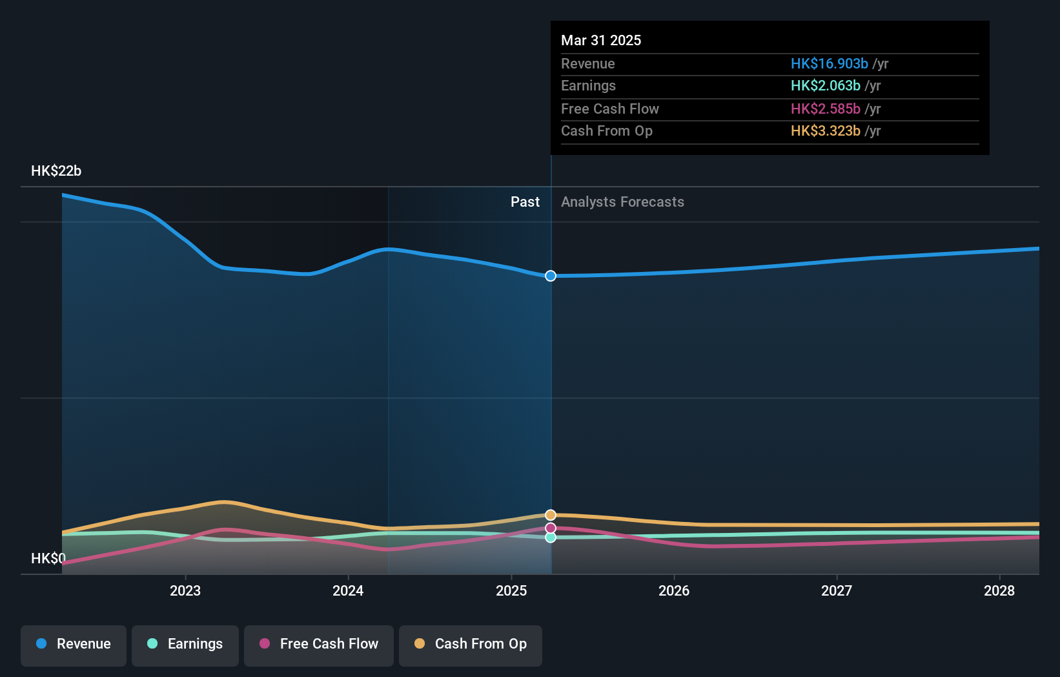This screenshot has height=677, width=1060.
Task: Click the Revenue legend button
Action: [x=74, y=644]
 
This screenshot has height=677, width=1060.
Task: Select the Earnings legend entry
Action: [x=185, y=644]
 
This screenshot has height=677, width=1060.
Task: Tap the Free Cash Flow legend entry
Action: [x=319, y=644]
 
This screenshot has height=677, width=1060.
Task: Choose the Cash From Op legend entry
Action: [x=471, y=644]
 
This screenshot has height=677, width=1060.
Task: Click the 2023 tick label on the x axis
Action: [x=185, y=590]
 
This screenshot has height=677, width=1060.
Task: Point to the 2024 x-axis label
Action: [x=348, y=590]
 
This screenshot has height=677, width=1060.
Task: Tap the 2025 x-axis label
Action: [x=511, y=590]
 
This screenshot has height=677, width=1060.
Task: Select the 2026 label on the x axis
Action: [x=674, y=590]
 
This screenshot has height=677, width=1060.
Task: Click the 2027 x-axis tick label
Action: [x=837, y=590]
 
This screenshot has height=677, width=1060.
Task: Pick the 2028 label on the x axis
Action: [x=999, y=590]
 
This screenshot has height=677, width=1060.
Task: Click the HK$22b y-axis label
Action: [x=56, y=171]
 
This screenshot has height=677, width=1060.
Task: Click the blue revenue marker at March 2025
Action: [x=551, y=276]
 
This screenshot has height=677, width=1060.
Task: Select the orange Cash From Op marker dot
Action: [x=551, y=515]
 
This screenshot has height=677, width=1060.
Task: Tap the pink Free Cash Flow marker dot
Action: [x=551, y=528]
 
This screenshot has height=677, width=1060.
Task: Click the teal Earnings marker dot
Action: [x=551, y=537]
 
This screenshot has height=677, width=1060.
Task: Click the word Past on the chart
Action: [x=525, y=202]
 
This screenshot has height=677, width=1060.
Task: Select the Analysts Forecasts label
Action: [x=622, y=202]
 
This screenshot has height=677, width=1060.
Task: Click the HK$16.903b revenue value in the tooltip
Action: [x=829, y=64]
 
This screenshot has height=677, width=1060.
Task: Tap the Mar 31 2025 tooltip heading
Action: [x=601, y=41]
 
